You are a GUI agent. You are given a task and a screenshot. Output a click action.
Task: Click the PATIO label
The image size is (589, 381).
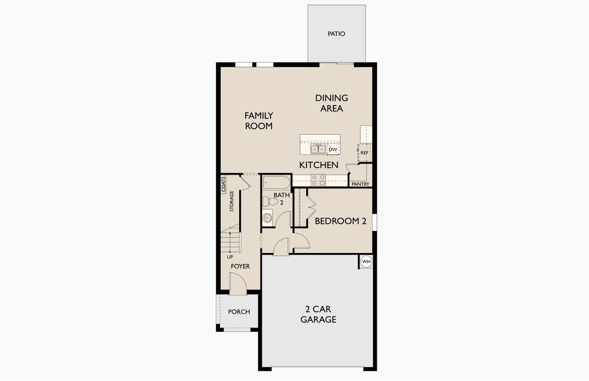336,34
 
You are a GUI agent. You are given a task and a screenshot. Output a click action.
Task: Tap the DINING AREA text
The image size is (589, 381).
331,103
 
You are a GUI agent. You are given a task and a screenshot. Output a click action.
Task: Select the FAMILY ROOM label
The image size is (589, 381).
259,121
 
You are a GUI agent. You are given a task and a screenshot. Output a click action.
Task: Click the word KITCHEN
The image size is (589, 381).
319,165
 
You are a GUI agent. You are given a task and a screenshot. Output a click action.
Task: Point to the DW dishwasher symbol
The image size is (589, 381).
333,150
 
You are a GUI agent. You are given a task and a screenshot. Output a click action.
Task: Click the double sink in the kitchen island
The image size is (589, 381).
318,149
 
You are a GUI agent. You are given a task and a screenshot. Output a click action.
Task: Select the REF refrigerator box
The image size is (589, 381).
364,152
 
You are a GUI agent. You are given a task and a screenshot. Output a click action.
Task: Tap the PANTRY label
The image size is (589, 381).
360,184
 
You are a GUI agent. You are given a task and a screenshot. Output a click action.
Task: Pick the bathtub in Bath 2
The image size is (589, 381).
277,183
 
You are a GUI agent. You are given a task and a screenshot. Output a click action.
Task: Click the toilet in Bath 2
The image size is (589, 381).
267,201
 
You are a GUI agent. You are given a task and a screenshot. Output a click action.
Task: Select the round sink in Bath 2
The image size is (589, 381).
267,218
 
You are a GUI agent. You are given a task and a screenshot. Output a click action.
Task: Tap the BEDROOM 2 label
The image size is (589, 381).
341,221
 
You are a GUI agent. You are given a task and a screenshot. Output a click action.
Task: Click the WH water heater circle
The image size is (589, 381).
366,262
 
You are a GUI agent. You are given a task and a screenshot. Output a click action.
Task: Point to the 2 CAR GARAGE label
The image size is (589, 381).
318,314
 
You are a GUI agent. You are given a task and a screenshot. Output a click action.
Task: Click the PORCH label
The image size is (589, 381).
239,312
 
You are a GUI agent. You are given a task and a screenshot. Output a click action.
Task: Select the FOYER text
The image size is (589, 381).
240,266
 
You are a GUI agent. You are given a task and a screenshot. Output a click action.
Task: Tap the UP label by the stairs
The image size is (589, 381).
230,257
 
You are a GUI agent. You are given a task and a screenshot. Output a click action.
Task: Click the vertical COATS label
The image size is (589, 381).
224,184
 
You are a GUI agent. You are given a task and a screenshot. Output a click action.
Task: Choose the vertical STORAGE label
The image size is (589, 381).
232,201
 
